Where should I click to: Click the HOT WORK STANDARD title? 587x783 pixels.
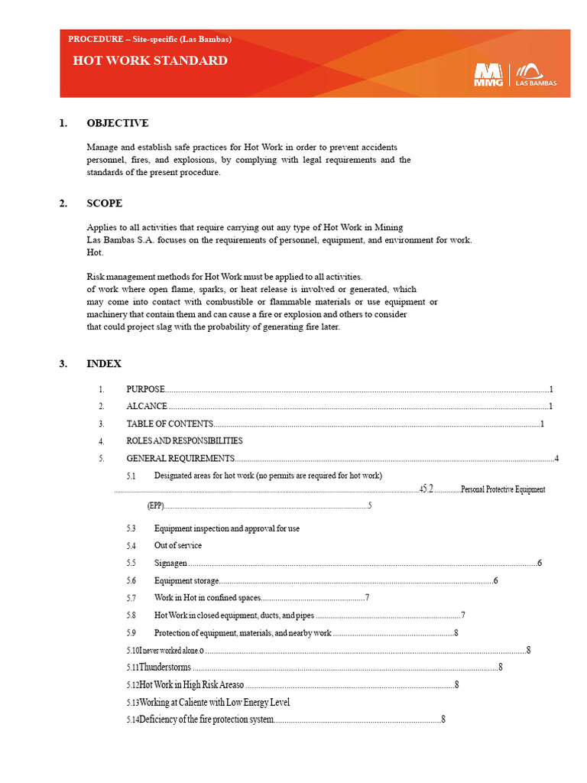150,61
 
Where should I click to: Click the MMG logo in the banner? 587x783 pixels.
489,74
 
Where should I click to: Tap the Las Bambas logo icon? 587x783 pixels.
536,70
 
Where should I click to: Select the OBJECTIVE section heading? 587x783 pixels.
118,123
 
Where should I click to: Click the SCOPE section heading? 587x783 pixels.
105,203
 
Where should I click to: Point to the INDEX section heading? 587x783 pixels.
104,364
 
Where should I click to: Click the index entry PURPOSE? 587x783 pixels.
145,389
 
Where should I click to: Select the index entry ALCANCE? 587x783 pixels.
147,406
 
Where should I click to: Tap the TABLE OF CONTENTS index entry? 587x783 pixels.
170,424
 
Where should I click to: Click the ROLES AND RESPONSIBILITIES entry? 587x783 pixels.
184,440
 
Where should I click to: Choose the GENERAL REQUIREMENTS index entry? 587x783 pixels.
180,458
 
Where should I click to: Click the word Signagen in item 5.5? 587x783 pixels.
170,563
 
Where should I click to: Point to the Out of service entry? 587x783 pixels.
178,545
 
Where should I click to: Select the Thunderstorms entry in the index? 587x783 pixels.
165,668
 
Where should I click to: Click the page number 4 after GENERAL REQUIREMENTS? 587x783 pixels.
557,458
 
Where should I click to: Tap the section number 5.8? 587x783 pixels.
131,615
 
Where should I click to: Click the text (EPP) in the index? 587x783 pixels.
156,505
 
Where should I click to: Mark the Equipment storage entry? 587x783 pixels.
186,580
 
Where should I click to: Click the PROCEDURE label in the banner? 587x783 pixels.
96,38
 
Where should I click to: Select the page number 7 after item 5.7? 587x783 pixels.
368,597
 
